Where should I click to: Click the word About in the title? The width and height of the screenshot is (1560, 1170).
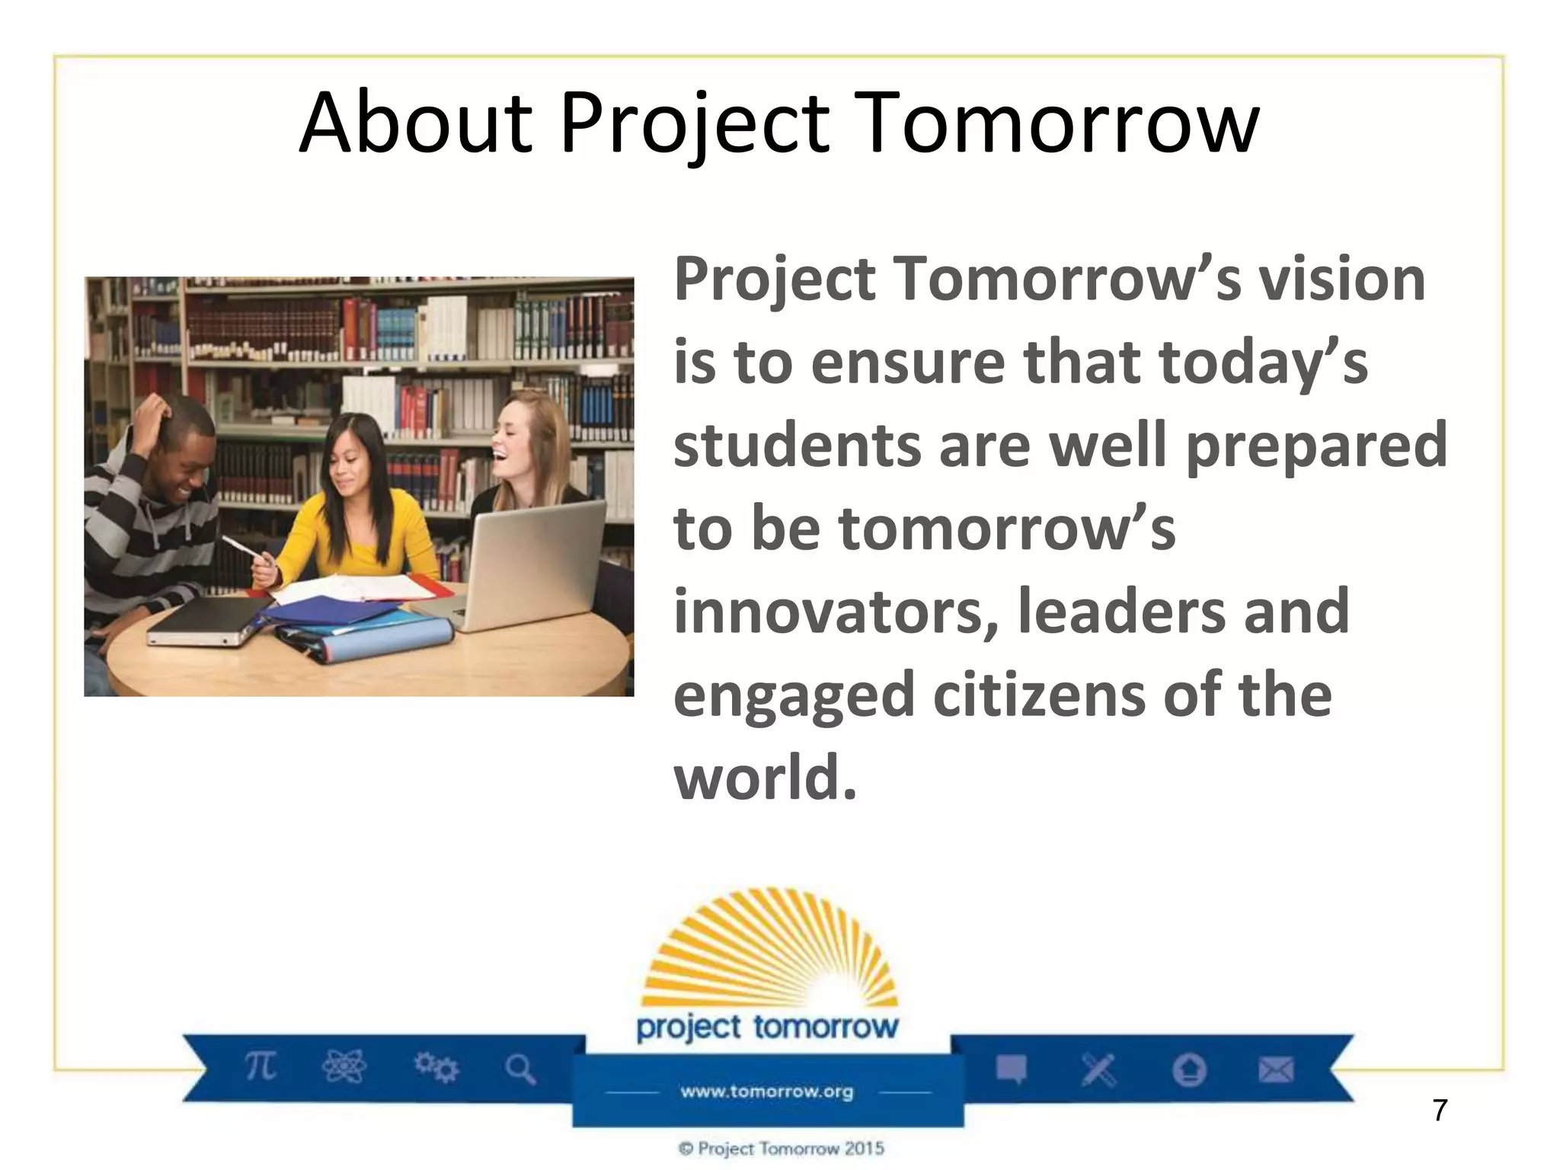pos(415,123)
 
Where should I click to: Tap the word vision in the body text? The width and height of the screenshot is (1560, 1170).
pos(1341,280)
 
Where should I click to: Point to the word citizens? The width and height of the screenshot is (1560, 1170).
pos(1039,695)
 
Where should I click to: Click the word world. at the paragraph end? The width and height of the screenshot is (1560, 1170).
pos(765,778)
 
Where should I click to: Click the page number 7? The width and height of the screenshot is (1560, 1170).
pos(1439,1111)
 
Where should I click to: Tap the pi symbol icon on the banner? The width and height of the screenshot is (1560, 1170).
pos(261,1066)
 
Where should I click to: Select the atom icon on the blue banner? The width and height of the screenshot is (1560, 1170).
pos(344,1066)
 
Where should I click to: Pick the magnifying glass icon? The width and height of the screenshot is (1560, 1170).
pos(521,1069)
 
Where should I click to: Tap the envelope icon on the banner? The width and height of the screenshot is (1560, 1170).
pos(1276,1070)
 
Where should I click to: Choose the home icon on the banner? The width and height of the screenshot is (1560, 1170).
pos(1189,1070)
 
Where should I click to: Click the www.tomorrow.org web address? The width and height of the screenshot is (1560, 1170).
pos(767,1092)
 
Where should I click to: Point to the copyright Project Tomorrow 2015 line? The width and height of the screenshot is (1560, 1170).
pos(782,1149)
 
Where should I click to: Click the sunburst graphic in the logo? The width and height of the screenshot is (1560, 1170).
pos(769,952)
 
